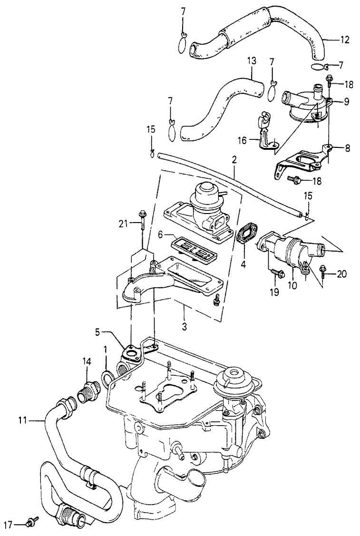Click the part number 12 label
point(346,40)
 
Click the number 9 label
point(347,101)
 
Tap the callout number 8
point(347,148)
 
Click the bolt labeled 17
point(32,523)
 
